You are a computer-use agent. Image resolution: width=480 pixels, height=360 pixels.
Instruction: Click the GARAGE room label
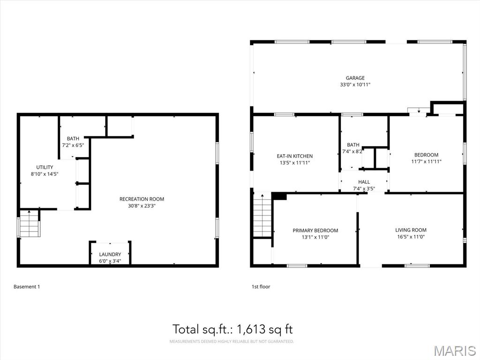[x=355, y=78]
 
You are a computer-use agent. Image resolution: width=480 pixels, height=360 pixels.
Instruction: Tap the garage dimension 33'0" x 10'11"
[x=355, y=85]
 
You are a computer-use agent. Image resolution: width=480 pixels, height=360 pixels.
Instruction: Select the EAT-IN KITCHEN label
[x=295, y=156]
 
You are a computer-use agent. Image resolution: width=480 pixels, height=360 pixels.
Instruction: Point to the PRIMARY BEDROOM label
[x=315, y=231]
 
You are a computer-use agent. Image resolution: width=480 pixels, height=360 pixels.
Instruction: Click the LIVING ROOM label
[x=411, y=230]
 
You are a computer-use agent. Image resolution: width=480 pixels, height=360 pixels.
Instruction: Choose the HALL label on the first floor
[x=364, y=182]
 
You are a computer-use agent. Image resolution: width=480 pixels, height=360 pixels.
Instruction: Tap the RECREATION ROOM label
[x=142, y=199]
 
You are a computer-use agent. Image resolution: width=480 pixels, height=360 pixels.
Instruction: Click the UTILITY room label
[x=45, y=167]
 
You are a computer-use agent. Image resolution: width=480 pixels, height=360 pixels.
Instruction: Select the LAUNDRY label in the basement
[x=110, y=255]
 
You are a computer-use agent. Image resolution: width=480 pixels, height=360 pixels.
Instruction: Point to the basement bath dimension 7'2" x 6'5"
[x=73, y=145]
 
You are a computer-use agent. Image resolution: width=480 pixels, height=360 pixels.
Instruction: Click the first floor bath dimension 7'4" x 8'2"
[x=353, y=151]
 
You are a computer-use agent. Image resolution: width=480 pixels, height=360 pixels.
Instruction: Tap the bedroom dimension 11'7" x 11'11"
[x=427, y=162]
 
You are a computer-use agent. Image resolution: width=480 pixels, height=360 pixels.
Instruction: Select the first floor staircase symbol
[x=262, y=215]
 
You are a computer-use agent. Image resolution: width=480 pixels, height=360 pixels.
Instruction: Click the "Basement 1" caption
[x=27, y=287]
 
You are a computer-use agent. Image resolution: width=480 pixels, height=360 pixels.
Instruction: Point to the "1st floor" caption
[x=261, y=287]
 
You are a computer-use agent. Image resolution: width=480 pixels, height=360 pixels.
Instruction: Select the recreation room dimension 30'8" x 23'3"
[x=142, y=206]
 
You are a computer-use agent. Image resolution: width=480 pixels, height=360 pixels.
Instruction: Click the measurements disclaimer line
[x=232, y=341]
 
